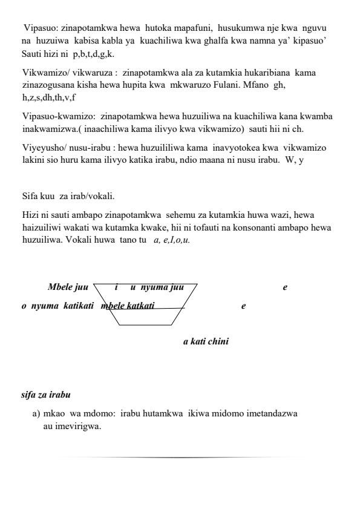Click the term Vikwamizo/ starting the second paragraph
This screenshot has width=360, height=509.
(45, 72)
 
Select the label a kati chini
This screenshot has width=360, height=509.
(206, 341)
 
